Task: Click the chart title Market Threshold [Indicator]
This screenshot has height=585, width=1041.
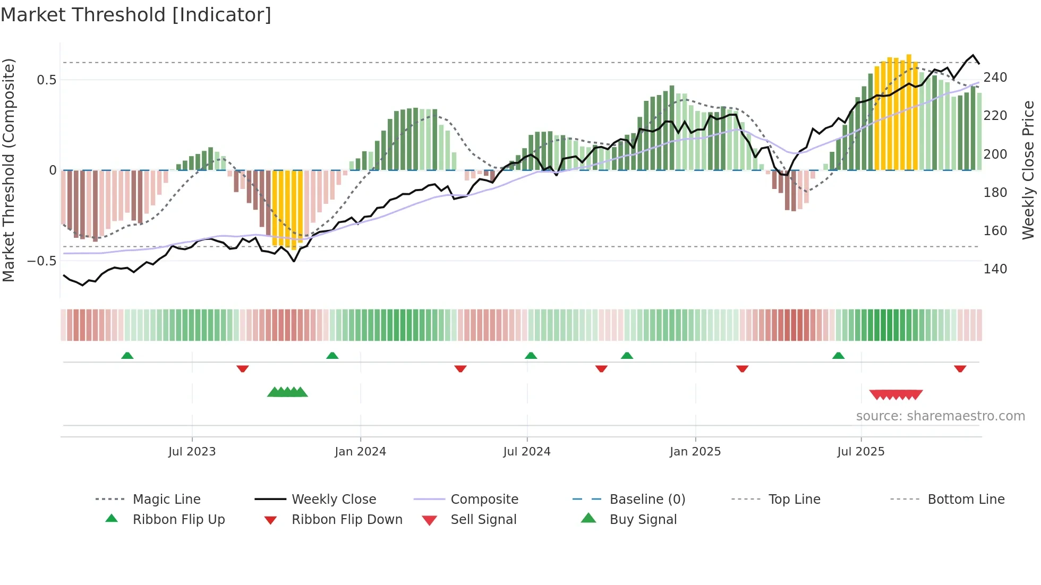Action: (136, 15)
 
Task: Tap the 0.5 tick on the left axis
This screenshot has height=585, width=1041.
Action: (46, 80)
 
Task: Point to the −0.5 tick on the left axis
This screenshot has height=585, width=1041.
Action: (42, 261)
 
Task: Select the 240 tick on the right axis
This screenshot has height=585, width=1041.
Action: (995, 78)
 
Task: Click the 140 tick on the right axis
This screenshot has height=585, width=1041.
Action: (995, 269)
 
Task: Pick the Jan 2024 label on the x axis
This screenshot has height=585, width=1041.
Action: (360, 452)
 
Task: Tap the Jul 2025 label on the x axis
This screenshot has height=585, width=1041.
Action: (860, 452)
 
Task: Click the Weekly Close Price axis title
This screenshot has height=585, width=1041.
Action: (1028, 170)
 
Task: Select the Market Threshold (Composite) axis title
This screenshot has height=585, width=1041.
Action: (8, 170)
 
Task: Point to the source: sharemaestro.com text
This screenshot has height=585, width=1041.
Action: (940, 416)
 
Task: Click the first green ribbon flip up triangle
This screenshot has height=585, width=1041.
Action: (127, 356)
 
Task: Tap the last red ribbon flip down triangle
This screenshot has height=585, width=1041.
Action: (960, 368)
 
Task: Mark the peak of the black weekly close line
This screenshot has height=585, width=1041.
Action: (973, 55)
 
